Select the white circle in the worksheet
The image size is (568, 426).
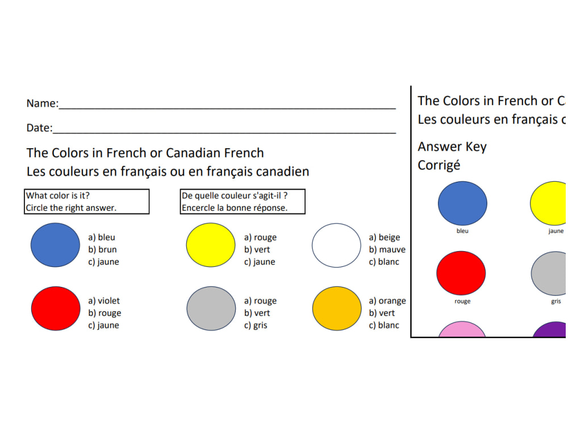tap(336, 245)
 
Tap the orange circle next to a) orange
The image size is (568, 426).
tap(337, 308)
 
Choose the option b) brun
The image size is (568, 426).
tap(102, 249)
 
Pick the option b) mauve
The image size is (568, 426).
tap(387, 249)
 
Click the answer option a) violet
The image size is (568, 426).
tap(104, 301)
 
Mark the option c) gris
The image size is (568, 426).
tap(256, 325)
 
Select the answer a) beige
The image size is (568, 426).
tap(385, 237)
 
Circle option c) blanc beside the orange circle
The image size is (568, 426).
tap(384, 325)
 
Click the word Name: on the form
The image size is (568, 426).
tap(42, 103)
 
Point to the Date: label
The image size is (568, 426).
tap(39, 128)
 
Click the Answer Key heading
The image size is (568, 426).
tap(452, 147)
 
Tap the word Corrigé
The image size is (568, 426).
tap(439, 165)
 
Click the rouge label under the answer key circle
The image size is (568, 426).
tap(462, 301)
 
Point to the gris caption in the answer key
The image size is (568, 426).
tap(556, 301)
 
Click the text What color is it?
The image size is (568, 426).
tap(57, 196)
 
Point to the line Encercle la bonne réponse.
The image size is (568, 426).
tap(235, 208)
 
